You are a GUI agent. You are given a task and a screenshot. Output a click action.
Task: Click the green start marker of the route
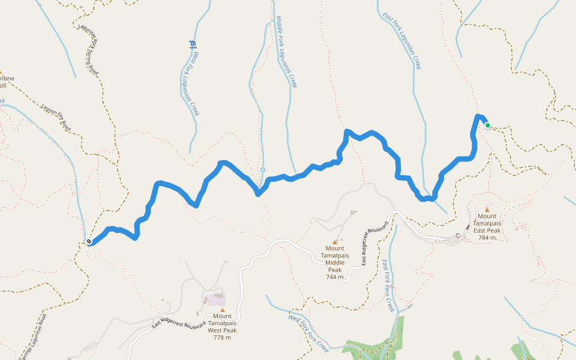[488, 125]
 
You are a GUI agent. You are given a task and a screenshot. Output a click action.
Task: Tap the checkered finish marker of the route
[89, 242]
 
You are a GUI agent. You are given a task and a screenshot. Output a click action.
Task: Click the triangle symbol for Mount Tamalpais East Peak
[487, 209]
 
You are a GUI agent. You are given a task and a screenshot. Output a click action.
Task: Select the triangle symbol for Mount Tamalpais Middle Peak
[335, 242]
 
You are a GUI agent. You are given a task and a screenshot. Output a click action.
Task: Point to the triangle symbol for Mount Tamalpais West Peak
[222, 310]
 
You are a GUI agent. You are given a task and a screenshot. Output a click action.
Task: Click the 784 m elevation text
[487, 238]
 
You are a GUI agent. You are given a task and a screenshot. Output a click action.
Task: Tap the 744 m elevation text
[334, 277]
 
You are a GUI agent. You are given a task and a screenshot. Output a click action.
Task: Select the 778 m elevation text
[222, 337]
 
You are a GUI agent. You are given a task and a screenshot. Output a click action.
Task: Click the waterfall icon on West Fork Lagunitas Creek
[193, 44]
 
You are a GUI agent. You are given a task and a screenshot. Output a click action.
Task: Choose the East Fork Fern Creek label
[389, 289]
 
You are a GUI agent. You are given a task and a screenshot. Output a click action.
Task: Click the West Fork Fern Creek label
[308, 331]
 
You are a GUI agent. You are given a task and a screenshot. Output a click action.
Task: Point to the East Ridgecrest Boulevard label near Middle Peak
[373, 247]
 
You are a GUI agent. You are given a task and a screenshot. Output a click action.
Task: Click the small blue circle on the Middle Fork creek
[263, 170]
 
